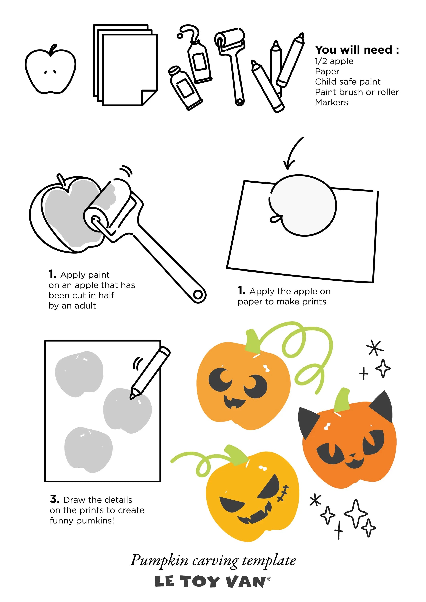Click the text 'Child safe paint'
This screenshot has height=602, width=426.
coord(348,82)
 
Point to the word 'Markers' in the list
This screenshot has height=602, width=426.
coord(331,102)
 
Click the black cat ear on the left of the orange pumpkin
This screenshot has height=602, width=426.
coord(308,421)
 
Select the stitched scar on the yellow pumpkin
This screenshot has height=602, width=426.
coord(283,493)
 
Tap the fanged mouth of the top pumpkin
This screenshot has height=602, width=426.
coord(234,402)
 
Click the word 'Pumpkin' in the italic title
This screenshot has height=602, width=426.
coord(159,561)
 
